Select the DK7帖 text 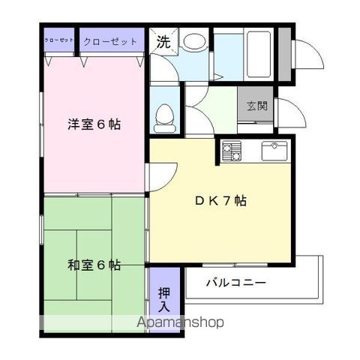coord(219,201)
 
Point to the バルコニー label coord(237,283)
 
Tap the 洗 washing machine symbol coord(162,42)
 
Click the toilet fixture coord(164,115)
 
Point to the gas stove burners coord(231,151)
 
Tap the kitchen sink coord(274,151)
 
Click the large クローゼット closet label coord(109,41)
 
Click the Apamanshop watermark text coord(180,323)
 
